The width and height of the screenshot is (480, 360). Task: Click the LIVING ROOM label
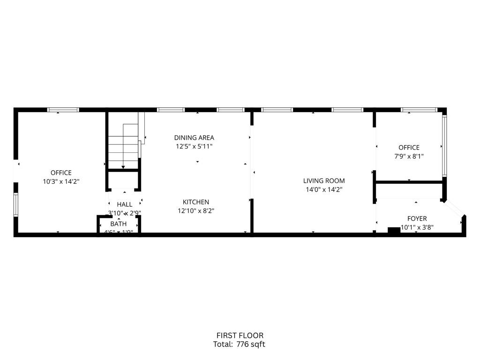point(324,180)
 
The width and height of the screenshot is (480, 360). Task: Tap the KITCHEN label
point(196,202)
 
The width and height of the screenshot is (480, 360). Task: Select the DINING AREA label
point(194,138)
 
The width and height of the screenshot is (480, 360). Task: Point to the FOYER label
point(417,219)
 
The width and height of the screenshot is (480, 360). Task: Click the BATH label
point(119,224)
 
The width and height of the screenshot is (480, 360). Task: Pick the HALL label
point(125,204)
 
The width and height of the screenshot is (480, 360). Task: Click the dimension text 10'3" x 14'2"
point(61,181)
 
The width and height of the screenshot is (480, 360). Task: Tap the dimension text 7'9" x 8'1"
point(409,157)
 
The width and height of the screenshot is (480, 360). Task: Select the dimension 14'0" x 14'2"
point(324,190)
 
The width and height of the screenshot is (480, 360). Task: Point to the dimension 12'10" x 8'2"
point(196,211)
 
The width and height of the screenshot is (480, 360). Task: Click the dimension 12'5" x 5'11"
point(194,147)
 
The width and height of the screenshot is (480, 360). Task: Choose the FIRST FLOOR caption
point(240,336)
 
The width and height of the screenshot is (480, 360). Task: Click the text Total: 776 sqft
point(240,345)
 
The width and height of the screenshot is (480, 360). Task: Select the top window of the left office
point(63,110)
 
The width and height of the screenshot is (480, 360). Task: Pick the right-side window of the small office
point(444,145)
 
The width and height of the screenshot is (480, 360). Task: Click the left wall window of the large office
point(15,205)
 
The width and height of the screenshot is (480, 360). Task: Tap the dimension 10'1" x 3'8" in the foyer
point(417,228)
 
